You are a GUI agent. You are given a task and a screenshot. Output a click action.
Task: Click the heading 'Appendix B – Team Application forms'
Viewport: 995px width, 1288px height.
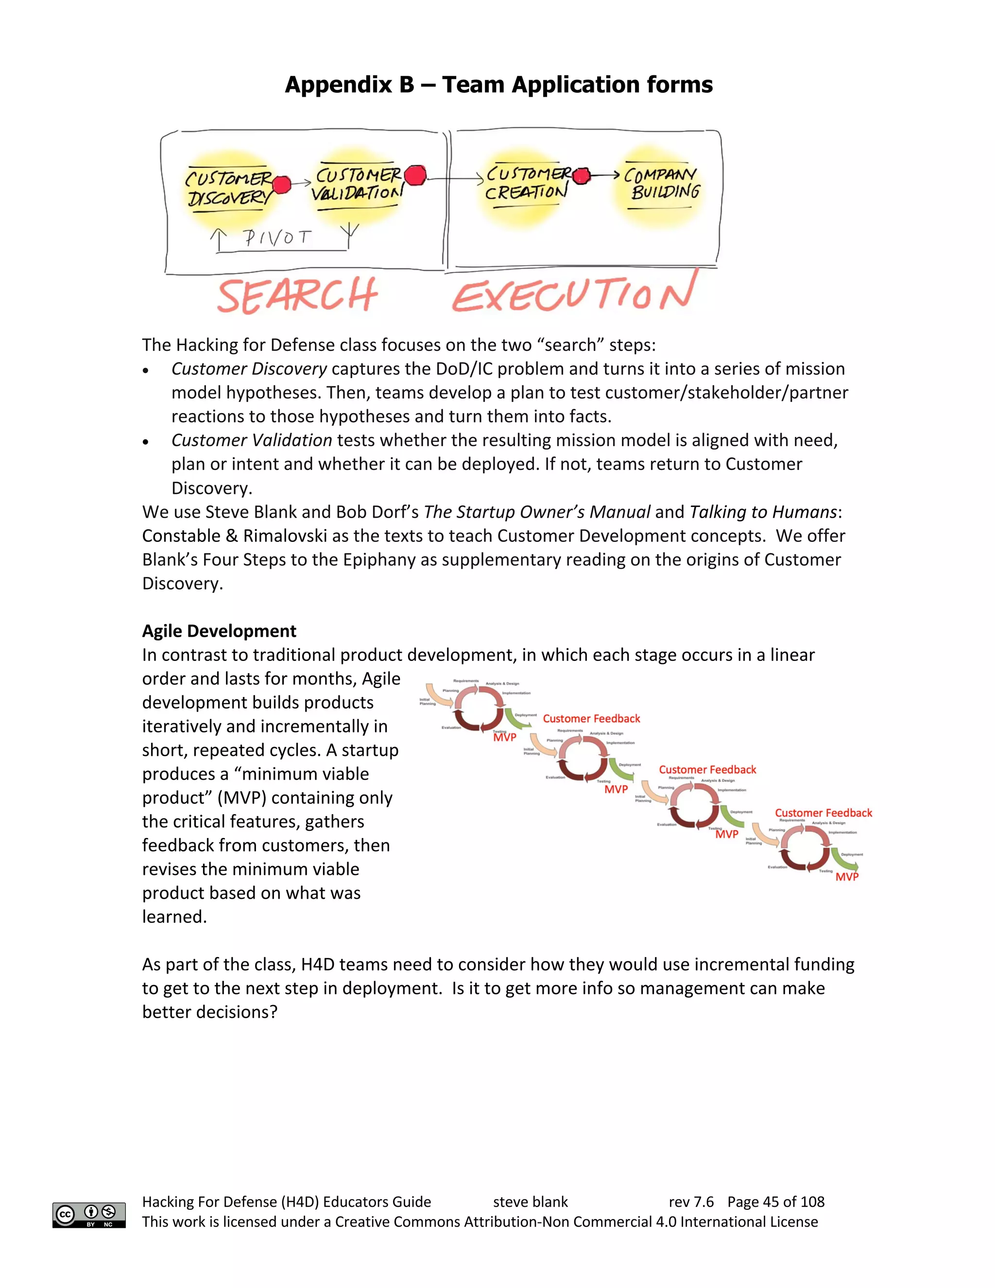tap(498, 85)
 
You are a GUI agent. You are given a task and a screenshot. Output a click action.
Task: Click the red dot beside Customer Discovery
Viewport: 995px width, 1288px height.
tap(282, 185)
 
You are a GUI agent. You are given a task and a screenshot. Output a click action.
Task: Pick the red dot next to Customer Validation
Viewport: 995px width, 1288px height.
tap(415, 176)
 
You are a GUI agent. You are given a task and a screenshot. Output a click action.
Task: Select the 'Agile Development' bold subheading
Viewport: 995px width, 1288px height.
tap(219, 631)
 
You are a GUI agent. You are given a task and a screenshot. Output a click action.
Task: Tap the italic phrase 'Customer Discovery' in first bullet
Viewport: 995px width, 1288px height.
tap(249, 368)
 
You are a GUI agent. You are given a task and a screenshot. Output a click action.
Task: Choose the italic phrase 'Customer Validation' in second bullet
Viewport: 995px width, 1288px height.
tap(252, 440)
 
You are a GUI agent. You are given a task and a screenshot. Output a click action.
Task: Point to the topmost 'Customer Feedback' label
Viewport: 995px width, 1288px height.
tap(591, 718)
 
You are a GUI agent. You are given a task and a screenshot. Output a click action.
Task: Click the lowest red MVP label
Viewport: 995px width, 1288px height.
tap(846, 877)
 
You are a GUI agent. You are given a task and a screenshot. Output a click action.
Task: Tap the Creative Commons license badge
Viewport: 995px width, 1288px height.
tap(89, 1215)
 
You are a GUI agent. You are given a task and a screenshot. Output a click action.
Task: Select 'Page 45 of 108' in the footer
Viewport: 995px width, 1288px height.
tap(776, 1202)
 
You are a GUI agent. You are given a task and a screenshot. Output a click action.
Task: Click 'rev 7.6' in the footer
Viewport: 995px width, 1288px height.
tap(691, 1202)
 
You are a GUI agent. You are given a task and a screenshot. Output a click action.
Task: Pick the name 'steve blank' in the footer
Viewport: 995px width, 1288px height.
tap(530, 1202)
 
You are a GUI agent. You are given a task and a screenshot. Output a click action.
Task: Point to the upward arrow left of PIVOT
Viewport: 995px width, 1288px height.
tap(219, 240)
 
